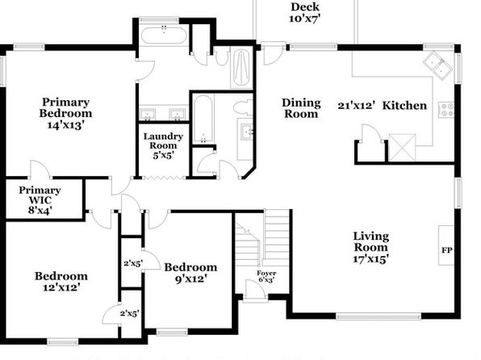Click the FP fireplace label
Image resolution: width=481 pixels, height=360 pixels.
click(446, 250)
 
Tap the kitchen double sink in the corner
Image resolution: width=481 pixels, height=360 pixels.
click(437, 65)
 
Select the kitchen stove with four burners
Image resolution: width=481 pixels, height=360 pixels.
click(445, 110)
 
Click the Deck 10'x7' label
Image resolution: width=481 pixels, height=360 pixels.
click(305, 13)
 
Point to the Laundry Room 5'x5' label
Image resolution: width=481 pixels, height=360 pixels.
click(163, 146)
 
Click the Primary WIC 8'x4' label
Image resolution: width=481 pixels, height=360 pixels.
click(40, 200)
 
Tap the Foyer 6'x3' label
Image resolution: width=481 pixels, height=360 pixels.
click(266, 276)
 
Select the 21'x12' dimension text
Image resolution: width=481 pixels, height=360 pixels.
click(357, 106)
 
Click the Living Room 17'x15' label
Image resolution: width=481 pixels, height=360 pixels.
click(371, 247)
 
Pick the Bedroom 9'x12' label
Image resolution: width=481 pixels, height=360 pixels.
click(190, 273)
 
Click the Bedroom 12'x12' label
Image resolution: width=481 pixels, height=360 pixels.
click(61, 282)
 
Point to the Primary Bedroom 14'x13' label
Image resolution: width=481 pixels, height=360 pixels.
click(65, 114)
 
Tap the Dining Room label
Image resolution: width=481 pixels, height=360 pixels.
click(301, 108)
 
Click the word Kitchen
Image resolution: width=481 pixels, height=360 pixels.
click(404, 106)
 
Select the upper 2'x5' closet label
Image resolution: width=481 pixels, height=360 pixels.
click(133, 263)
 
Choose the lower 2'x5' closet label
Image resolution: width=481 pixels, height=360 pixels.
click(129, 313)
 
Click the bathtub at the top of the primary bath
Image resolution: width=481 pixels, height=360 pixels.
click(164, 36)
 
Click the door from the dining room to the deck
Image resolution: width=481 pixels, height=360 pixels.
click(273, 54)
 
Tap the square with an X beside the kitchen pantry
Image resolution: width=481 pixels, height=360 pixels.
click(402, 148)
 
